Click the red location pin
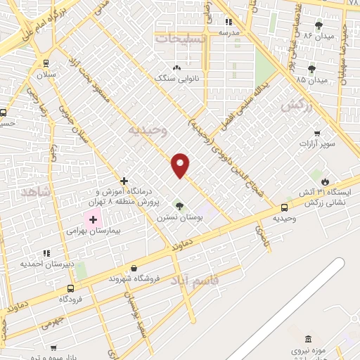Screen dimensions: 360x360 pyautogui.click(x=181, y=165)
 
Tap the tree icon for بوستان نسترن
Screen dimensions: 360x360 pyautogui.click(x=179, y=206)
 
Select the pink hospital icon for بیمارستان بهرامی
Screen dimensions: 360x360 pyautogui.click(x=93, y=220)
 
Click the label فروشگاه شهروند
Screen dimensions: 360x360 pyautogui.click(x=134, y=278)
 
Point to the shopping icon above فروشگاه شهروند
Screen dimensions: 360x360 pyautogui.click(x=134, y=268)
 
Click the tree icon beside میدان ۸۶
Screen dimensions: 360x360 pyautogui.click(x=320, y=25)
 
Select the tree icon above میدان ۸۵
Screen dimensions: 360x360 pyautogui.click(x=311, y=69)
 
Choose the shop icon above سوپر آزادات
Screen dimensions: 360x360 pyautogui.click(x=318, y=134)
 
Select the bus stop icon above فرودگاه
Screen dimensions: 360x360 pyautogui.click(x=70, y=288)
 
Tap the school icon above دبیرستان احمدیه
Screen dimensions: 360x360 pyautogui.click(x=46, y=253)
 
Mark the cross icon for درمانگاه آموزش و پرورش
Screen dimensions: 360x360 pyautogui.click(x=124, y=181)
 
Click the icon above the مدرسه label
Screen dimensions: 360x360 pyautogui.click(x=229, y=22)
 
